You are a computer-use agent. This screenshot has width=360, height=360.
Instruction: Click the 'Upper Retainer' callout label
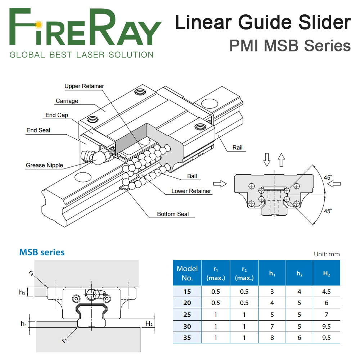coord(84,86)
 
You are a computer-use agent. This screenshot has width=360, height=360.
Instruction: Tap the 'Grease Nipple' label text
coord(44,165)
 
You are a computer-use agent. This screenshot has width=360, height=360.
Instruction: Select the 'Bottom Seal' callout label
coord(173,214)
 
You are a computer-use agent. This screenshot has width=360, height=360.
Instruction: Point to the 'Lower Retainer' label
coord(191,191)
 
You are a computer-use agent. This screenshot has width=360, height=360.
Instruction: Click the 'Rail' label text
coord(237,148)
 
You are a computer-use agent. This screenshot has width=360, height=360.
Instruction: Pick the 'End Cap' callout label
coord(57,115)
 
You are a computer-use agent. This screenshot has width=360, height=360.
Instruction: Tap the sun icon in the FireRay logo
coord(39,24)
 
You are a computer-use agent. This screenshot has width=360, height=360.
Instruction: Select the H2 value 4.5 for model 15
coord(326,292)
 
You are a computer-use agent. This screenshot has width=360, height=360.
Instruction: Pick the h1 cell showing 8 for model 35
coord(272,338)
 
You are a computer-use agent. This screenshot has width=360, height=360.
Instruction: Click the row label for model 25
coord(187,315)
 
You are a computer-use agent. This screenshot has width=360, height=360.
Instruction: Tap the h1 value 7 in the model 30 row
coord(272,326)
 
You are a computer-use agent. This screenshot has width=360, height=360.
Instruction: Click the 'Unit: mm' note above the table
coord(327,254)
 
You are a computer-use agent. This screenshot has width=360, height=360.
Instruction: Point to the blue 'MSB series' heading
coord(42,252)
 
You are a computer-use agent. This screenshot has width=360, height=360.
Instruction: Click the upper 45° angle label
coord(328,177)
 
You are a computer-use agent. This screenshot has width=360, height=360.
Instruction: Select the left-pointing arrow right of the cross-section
coord(334,184)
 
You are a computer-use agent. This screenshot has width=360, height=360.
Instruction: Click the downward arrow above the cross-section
coord(267,160)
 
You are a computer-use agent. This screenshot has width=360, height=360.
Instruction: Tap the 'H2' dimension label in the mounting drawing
coord(149,324)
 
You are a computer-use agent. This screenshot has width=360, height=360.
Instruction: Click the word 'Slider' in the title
coord(324,22)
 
